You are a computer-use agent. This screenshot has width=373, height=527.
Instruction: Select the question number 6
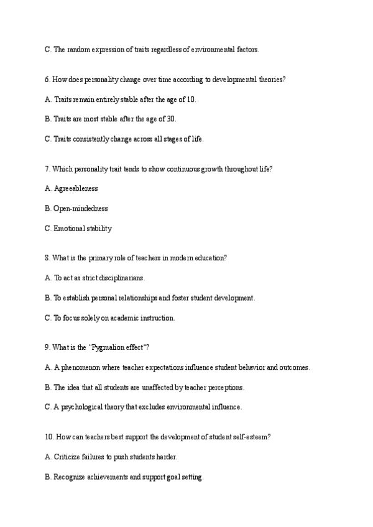click(47, 80)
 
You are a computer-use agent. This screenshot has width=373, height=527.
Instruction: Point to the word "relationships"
click(139, 298)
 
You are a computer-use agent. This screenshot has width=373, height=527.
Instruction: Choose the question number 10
click(49, 438)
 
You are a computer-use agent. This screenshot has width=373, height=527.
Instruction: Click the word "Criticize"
click(68, 457)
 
